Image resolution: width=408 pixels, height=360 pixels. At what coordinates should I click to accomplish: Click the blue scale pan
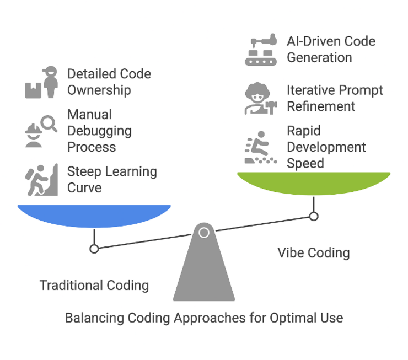(94, 214)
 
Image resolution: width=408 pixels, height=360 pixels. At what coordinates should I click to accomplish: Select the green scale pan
(313, 182)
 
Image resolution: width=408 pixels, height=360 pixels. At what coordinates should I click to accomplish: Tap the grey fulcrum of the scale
(204, 270)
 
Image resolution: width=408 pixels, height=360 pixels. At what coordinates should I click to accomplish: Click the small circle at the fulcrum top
(204, 233)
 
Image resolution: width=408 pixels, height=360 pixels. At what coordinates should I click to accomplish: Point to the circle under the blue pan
(94, 249)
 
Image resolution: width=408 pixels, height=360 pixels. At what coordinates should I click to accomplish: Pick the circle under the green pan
(314, 217)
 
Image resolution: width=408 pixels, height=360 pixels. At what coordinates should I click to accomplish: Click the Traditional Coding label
(94, 285)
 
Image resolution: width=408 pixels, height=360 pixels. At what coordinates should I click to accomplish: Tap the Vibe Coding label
(313, 252)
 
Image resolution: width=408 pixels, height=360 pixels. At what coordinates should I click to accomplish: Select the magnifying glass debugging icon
(41, 131)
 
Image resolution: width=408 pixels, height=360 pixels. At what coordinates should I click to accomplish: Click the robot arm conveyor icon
(261, 50)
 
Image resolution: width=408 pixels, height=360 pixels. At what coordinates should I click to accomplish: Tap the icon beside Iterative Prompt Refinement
(261, 99)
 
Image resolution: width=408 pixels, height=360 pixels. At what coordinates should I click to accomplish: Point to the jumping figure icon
(261, 147)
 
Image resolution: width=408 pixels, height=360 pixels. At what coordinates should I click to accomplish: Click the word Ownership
(99, 90)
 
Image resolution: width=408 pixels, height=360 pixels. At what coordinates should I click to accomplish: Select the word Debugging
(99, 131)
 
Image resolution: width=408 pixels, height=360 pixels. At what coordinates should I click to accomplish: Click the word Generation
(319, 57)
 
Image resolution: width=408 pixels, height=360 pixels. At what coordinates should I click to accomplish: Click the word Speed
(305, 164)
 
